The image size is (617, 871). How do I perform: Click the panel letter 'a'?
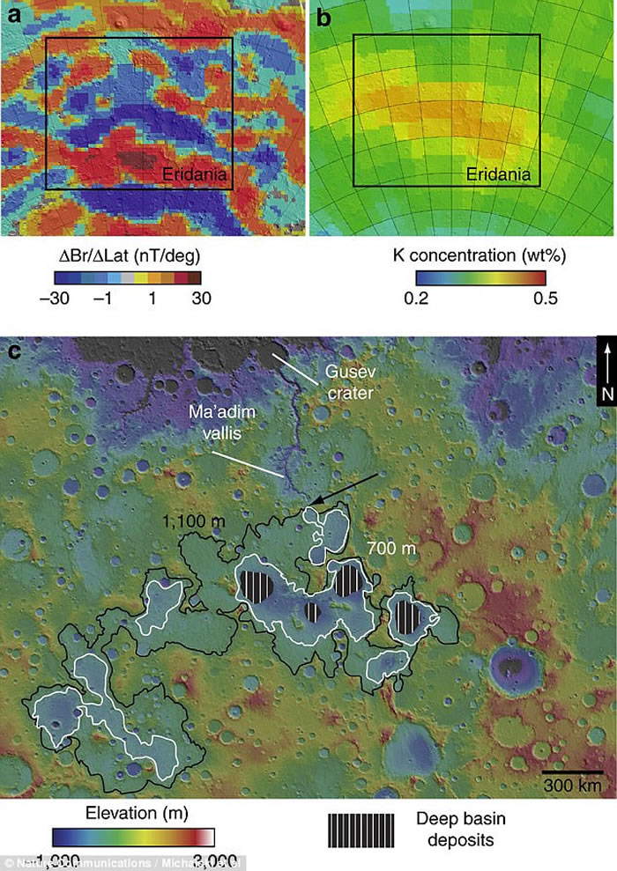tap(14, 15)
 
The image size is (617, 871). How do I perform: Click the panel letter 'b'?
tap(324, 15)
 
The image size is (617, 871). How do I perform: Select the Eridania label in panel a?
tap(195, 176)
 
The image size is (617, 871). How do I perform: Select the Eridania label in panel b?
tap(499, 176)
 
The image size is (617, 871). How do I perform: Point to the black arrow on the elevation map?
tap(346, 489)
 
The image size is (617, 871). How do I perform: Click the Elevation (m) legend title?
tap(132, 811)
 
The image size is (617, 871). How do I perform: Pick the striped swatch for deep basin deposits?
tap(361, 830)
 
